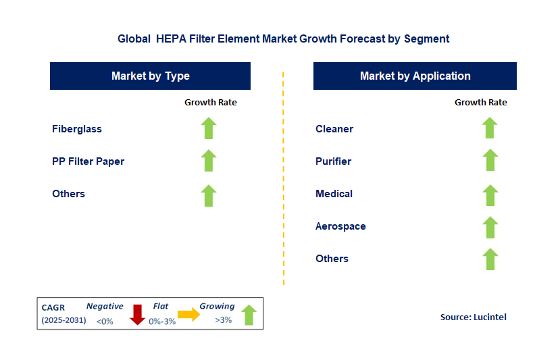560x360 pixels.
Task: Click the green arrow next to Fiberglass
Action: click(x=209, y=128)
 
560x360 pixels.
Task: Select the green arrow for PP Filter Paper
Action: click(x=209, y=161)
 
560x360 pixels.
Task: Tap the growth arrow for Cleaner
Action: click(x=490, y=128)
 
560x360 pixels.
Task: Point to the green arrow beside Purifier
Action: click(x=490, y=161)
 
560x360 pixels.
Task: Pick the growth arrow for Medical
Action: click(x=490, y=194)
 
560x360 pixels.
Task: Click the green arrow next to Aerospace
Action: click(x=490, y=226)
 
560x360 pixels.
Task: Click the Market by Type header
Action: click(x=150, y=76)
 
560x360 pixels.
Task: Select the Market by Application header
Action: click(x=415, y=76)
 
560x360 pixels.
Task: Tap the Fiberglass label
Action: click(x=77, y=129)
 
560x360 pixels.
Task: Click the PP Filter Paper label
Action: click(x=88, y=161)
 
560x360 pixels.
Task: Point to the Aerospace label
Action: click(x=340, y=226)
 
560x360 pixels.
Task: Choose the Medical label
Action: click(x=334, y=194)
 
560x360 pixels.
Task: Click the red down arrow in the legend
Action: click(x=138, y=315)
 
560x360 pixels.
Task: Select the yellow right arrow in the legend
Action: click(x=190, y=314)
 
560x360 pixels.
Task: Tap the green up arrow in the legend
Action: click(x=249, y=315)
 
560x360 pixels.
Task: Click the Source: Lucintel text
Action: click(x=473, y=317)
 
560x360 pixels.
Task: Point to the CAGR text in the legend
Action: click(x=53, y=307)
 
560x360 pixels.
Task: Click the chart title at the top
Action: click(x=283, y=39)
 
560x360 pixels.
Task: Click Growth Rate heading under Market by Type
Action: click(x=211, y=103)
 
